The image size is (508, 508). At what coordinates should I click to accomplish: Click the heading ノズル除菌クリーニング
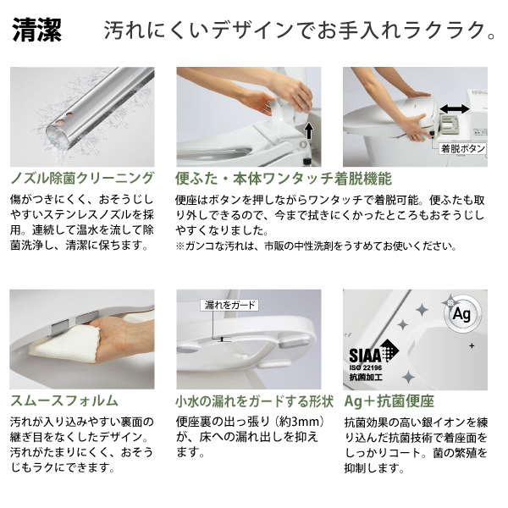click(x=82, y=178)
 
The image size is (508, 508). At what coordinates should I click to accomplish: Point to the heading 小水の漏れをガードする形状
click(x=254, y=400)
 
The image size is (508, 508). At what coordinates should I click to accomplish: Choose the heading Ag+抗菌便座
click(x=389, y=400)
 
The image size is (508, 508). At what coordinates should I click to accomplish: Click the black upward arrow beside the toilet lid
click(x=309, y=130)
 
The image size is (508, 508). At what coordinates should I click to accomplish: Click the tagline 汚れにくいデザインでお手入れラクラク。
click(x=300, y=32)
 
